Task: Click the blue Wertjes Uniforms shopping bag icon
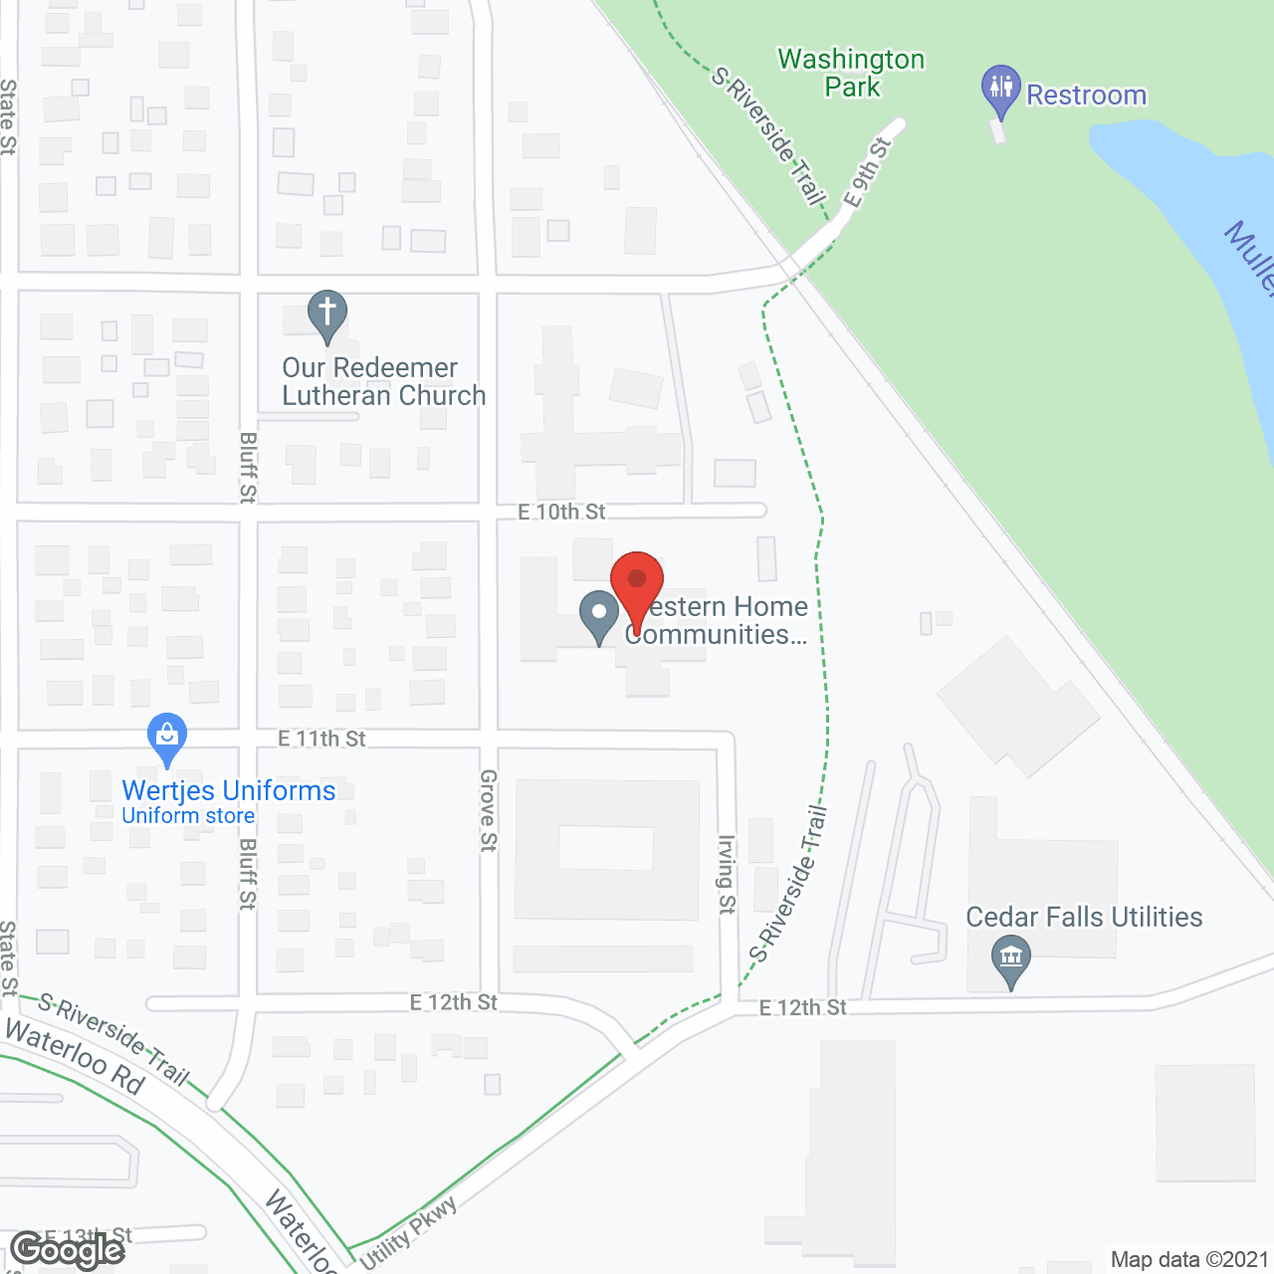pos(167,738)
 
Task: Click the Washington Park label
pos(851,74)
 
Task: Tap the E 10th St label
pos(561,512)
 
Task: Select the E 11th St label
pos(321,739)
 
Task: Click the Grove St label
pos(488,810)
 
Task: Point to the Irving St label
pos(727,874)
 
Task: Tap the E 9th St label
pos(867,172)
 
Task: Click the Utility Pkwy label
pos(408,1233)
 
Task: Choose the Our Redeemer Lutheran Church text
pos(383,381)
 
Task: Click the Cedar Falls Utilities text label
pos(1084,917)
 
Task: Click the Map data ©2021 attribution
pos(1189,1260)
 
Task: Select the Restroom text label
pos(1086,96)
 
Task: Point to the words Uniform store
pos(188,816)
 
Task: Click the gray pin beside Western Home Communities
pos(599,615)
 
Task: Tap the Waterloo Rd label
pos(75,1057)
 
